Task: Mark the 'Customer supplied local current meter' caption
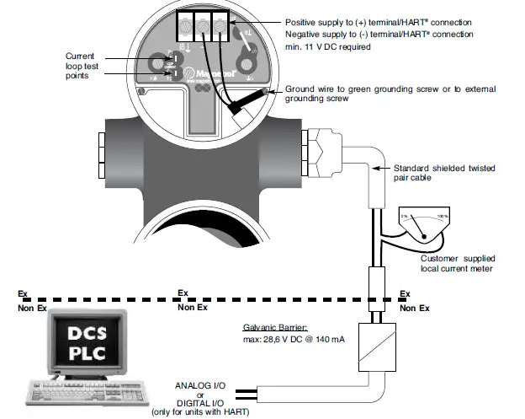(x=459, y=262)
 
